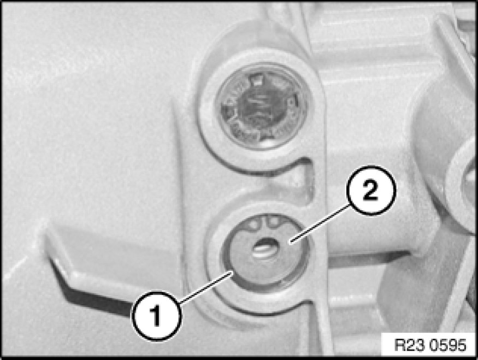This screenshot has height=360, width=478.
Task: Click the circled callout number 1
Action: tap(157, 316)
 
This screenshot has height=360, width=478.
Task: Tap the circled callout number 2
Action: tap(371, 191)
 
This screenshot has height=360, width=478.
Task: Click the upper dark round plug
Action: tap(262, 107)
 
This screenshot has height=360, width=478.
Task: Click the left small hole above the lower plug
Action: tap(253, 225)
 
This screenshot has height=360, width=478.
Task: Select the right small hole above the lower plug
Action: tap(272, 222)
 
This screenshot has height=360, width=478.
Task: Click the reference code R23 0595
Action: tap(430, 345)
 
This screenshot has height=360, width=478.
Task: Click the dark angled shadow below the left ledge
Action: tap(91, 293)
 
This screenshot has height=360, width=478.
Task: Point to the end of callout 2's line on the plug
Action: tap(291, 243)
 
